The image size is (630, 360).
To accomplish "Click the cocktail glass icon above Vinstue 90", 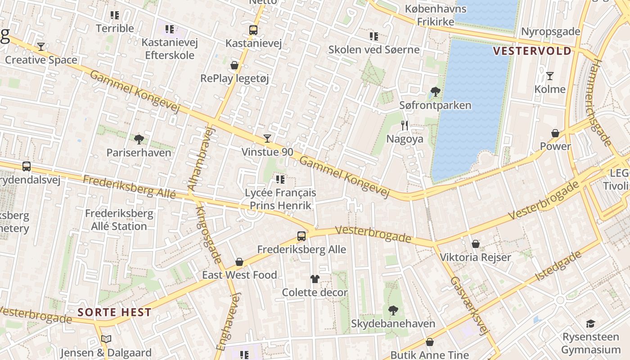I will pos(267,138).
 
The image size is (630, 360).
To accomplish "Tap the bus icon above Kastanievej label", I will pos(253,30).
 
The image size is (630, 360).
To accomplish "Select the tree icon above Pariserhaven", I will pos(139,139).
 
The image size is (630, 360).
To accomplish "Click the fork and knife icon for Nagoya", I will pos(405,126).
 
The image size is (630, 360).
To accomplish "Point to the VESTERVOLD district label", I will pos(532,51).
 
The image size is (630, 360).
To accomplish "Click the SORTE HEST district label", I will pos(114,312).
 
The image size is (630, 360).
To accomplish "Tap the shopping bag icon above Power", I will pos(555,133).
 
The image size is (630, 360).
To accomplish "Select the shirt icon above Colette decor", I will pos(315,279).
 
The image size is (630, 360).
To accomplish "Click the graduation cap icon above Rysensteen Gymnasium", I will pos(590,324).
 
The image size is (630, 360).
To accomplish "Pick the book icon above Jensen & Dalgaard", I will pos(106,339).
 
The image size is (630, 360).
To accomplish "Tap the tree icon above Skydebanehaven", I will pos(393,310).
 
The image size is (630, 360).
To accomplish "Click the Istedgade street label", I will pos(558,266).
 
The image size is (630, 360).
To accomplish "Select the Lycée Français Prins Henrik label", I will pos(280,199).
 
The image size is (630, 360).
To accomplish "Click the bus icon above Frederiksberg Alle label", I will pos(301,236).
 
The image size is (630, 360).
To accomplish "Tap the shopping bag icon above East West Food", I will pos(239,262).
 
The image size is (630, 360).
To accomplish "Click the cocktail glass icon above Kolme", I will pos(549,76).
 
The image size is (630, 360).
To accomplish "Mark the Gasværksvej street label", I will pos(468,306).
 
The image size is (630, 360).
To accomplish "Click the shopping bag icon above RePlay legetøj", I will pos(234,65).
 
